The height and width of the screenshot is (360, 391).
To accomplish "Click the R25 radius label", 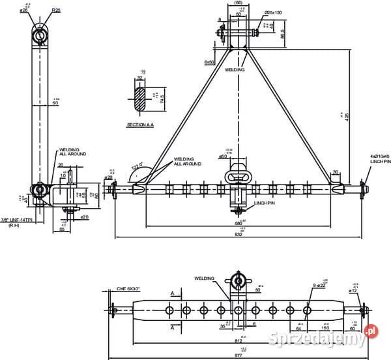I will tap(57, 10).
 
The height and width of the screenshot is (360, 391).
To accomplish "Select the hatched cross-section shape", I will tap(139, 95).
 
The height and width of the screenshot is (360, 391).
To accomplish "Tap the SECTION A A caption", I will tap(141, 123).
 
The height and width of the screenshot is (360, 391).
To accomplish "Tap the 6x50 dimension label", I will tap(209, 62).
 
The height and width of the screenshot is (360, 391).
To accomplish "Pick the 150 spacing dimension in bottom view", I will tap(325, 329).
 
